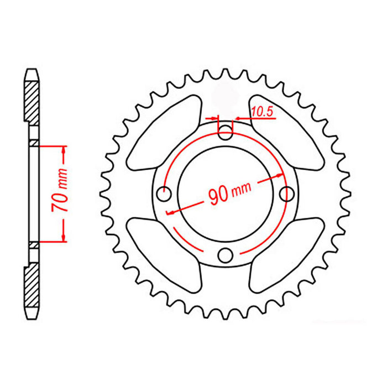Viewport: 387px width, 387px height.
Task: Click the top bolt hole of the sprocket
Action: [x=226, y=133]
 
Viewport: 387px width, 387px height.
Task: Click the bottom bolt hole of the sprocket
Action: [x=226, y=255]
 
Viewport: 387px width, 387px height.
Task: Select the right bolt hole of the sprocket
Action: [x=286, y=194]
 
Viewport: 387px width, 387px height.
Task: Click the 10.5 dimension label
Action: [x=262, y=111]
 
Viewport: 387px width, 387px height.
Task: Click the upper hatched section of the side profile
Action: [x=32, y=100]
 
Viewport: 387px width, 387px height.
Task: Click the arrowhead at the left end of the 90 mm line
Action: [x=171, y=212]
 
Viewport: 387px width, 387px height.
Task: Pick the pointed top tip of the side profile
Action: [x=32, y=70]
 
